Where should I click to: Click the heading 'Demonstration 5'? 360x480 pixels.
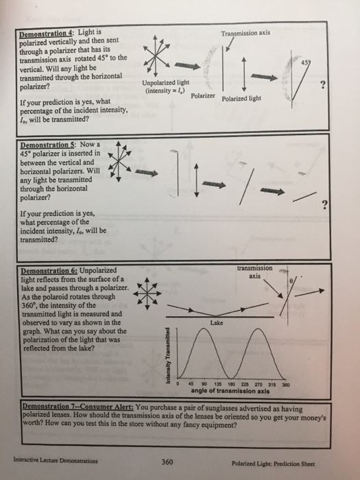[47, 145]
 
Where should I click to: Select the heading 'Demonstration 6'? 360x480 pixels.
[48, 270]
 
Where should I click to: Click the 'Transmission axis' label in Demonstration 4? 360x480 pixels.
[249, 32]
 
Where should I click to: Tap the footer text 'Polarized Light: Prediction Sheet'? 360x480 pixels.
[282, 463]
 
